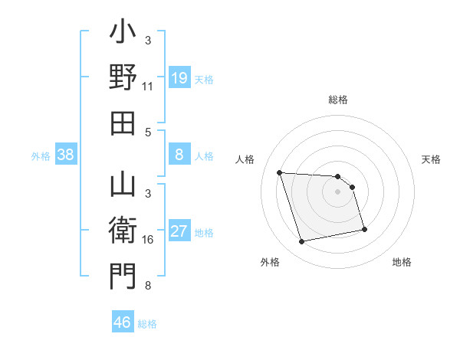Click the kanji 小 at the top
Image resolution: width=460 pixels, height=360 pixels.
tap(123, 35)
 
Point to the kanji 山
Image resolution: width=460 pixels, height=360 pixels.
tap(123, 186)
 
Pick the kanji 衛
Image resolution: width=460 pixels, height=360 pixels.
tap(123, 230)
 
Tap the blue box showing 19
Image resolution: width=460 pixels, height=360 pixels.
tap(179, 77)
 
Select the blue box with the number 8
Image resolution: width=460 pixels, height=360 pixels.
tap(179, 155)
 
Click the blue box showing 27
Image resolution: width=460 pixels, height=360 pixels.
tap(179, 231)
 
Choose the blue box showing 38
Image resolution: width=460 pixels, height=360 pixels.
tap(66, 155)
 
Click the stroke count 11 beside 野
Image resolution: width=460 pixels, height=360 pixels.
tap(147, 87)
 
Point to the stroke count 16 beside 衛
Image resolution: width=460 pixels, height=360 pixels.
tap(147, 240)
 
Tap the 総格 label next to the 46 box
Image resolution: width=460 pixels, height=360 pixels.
tap(147, 324)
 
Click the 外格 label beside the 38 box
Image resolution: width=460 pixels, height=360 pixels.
tap(41, 156)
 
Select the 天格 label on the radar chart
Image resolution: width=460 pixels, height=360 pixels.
tap(432, 159)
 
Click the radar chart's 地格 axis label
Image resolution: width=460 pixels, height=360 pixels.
tap(402, 263)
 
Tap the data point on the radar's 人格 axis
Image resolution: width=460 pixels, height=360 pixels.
tap(279, 172)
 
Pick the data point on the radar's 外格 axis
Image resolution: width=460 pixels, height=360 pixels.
tap(302, 242)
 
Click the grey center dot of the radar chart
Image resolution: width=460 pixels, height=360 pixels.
tap(337, 191)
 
